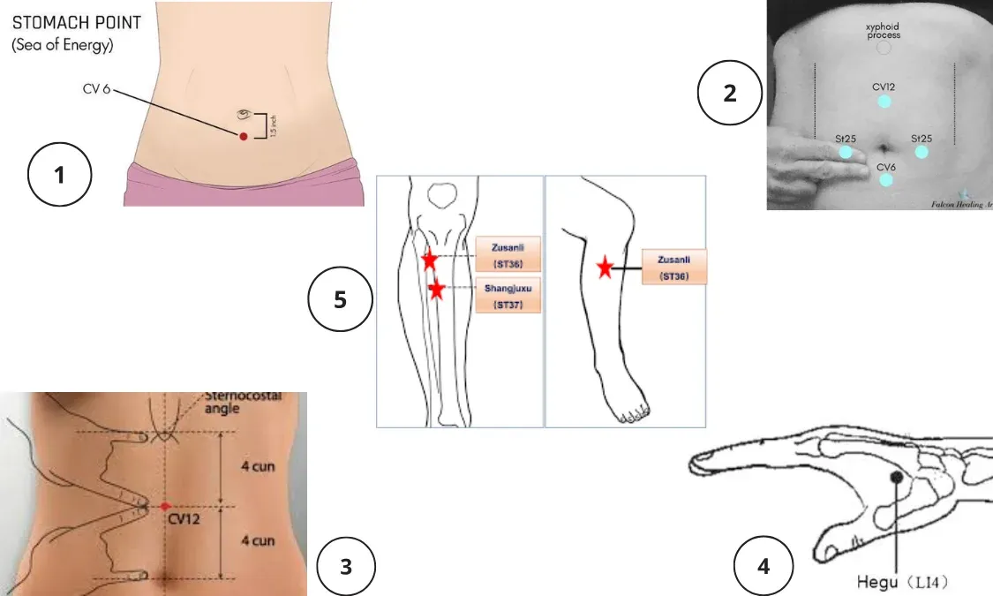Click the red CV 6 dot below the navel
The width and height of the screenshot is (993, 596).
(243, 135)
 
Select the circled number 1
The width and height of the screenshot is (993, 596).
(60, 175)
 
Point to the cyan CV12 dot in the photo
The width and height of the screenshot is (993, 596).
(884, 102)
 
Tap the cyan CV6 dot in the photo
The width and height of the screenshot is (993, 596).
(885, 179)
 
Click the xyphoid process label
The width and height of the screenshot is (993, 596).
(883, 32)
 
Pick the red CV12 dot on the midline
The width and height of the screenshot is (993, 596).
(165, 506)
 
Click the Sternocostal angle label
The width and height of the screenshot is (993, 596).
(243, 403)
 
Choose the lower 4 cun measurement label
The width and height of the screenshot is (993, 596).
(257, 540)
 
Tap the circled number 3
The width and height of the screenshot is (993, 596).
(346, 566)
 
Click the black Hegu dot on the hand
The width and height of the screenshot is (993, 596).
(897, 477)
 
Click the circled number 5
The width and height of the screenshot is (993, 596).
(340, 300)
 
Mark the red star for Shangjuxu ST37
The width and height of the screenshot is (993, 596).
(436, 289)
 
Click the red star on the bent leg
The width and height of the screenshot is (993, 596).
(606, 268)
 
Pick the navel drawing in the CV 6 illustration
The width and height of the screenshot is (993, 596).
(244, 115)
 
